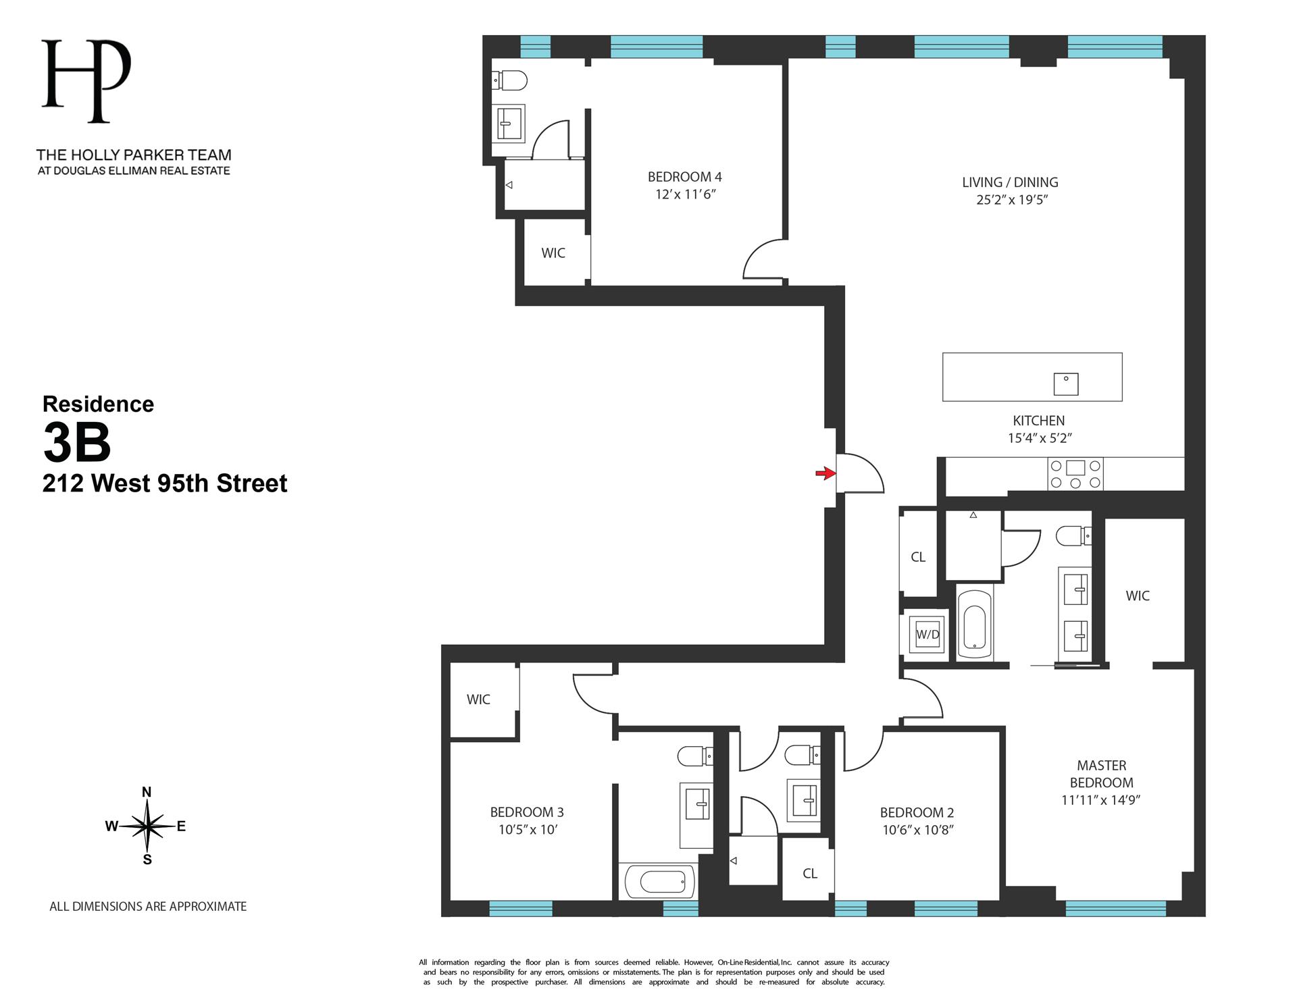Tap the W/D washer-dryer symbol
(x=927, y=634)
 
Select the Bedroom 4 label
(x=684, y=177)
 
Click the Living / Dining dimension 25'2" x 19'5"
(x=1011, y=200)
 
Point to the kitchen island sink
(x=1066, y=384)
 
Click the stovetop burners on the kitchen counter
(x=1075, y=474)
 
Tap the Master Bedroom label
(x=1101, y=774)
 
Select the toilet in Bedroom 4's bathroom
(x=511, y=81)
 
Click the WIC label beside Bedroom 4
(x=553, y=253)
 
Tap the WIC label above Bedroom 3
(x=478, y=700)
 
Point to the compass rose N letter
(x=147, y=792)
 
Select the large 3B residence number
(x=76, y=443)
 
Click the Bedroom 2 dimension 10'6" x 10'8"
(x=917, y=830)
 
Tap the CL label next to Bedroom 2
(x=810, y=874)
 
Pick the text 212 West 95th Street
(x=165, y=483)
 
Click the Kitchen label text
(x=1038, y=421)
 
